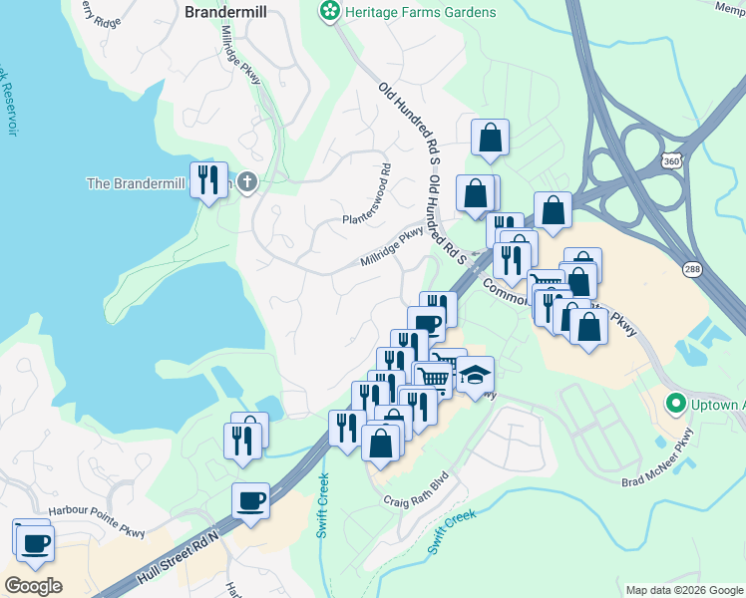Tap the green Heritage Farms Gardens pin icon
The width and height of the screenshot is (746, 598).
pos(327,12)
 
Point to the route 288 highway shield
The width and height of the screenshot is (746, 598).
pos(692,269)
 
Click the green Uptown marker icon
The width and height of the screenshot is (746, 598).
pos(675,405)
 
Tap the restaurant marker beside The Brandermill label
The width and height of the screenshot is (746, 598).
pos(208,180)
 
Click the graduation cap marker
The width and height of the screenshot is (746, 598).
pos(475,376)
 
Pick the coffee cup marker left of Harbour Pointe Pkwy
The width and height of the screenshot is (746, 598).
pos(36,544)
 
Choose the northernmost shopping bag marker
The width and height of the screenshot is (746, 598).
pos(490,139)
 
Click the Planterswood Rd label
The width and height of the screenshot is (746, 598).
pos(367,206)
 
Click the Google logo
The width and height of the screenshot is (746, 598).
pos(33,586)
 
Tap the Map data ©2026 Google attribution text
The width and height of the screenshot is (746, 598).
pos(683,590)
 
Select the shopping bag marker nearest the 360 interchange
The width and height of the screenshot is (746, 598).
pos(553,211)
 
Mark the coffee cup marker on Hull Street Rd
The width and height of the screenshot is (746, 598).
pos(250,501)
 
